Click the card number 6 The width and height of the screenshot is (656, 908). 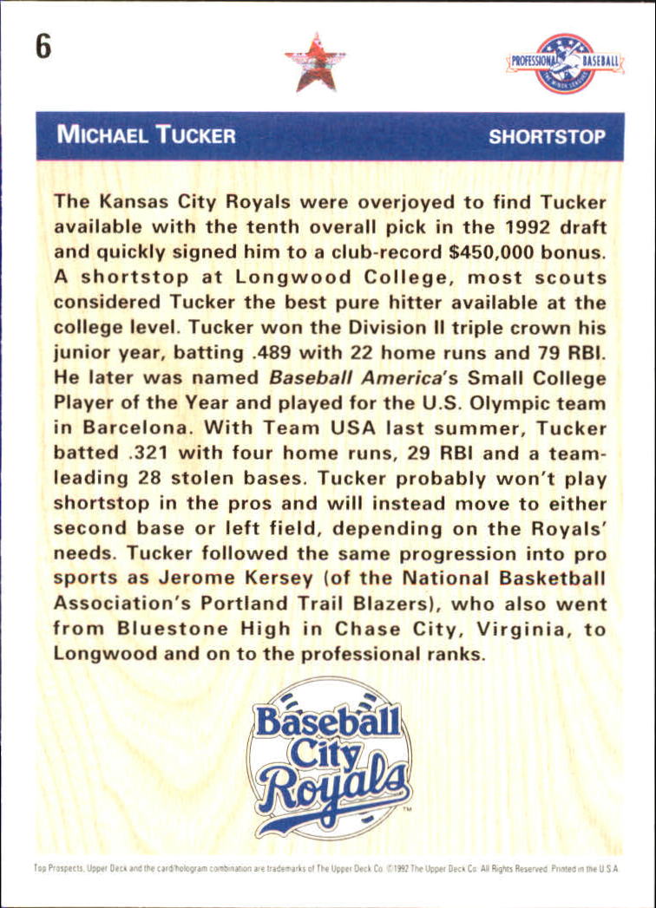(x=43, y=47)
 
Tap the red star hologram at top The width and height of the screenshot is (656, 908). (x=314, y=62)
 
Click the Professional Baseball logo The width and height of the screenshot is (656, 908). (x=565, y=62)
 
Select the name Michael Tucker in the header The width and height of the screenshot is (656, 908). (x=146, y=135)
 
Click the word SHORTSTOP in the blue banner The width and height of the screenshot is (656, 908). (x=547, y=136)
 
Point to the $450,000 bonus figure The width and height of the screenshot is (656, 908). (x=489, y=252)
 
